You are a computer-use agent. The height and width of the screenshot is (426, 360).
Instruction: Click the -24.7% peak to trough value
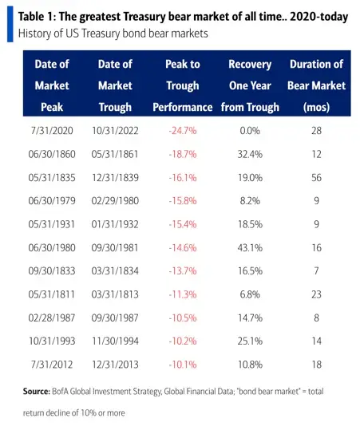click(183, 131)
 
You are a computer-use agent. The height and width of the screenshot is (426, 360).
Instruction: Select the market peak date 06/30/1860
click(52, 154)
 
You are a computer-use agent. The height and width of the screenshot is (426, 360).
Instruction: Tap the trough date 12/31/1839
click(115, 178)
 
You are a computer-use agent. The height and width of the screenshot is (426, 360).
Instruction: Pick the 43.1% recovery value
click(250, 248)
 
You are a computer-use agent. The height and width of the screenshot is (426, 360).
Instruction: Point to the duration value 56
click(316, 178)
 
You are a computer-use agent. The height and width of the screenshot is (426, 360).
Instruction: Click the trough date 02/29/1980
click(115, 201)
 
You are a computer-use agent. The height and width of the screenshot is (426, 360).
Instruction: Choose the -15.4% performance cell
click(183, 224)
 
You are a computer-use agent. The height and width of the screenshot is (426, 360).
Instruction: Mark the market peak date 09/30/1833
click(52, 271)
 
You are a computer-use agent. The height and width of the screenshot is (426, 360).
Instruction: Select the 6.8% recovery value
click(250, 294)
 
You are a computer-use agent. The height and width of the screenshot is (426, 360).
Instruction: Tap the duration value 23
click(316, 294)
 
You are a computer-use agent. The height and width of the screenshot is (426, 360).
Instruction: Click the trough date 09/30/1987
click(115, 318)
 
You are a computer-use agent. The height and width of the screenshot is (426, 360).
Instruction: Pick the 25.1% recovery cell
click(250, 341)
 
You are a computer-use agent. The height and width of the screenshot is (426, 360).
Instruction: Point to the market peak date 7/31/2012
click(52, 365)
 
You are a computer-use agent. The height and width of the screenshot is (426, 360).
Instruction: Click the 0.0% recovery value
click(250, 131)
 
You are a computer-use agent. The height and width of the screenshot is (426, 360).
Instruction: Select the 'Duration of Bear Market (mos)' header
click(316, 85)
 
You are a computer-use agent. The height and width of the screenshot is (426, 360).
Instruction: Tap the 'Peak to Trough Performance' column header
click(183, 85)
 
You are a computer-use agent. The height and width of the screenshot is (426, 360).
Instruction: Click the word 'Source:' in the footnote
click(37, 392)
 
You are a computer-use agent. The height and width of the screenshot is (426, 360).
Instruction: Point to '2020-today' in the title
click(319, 17)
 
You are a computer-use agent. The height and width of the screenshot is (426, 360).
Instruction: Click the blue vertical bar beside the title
click(10, 24)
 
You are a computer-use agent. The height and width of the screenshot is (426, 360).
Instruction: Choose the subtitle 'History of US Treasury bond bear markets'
click(113, 34)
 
